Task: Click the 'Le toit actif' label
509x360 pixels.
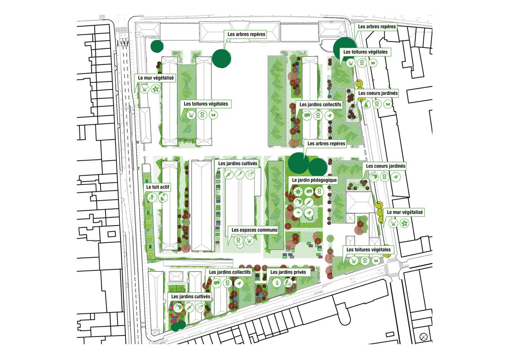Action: point(157,187)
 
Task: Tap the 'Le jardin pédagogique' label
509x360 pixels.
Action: point(314,180)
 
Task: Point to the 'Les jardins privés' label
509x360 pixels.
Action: point(288,272)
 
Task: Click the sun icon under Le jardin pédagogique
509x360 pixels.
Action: point(297,192)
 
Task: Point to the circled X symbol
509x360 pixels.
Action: point(423,337)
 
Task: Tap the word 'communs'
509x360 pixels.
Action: point(267,230)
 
